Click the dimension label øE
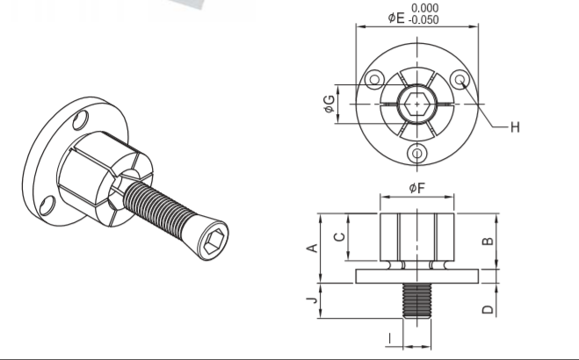click(396, 18)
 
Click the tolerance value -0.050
click(423, 19)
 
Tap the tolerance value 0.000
click(425, 8)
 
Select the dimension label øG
click(329, 104)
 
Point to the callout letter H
click(515, 127)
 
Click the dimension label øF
click(417, 188)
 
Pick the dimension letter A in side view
click(313, 248)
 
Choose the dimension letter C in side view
click(339, 237)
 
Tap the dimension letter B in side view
click(488, 241)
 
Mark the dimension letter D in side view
click(488, 309)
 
